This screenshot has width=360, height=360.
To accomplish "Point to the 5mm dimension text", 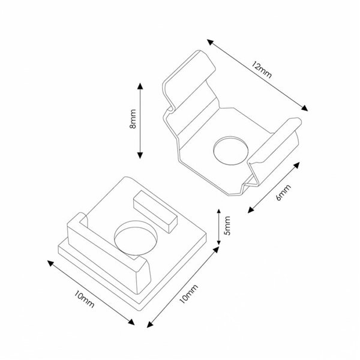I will pos(227,227).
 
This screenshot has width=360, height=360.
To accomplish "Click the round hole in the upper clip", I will pos(230,149).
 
